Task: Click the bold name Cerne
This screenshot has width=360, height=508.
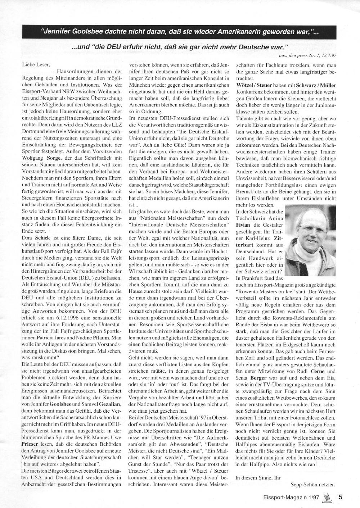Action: [x=327, y=371]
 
